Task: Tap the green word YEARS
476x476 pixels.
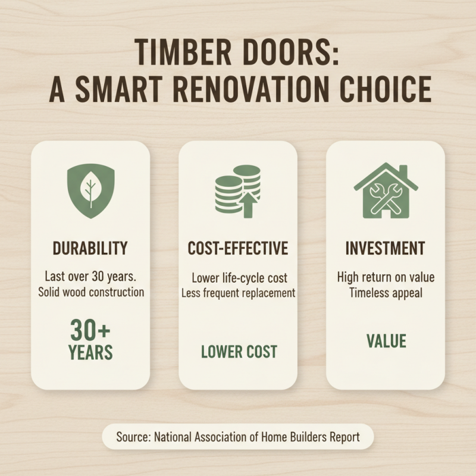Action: (x=90, y=352)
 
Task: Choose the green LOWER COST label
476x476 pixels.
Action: (x=239, y=351)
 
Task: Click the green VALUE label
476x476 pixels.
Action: (x=386, y=341)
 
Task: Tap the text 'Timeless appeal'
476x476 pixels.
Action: (x=386, y=293)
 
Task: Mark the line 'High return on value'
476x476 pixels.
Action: (x=386, y=277)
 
